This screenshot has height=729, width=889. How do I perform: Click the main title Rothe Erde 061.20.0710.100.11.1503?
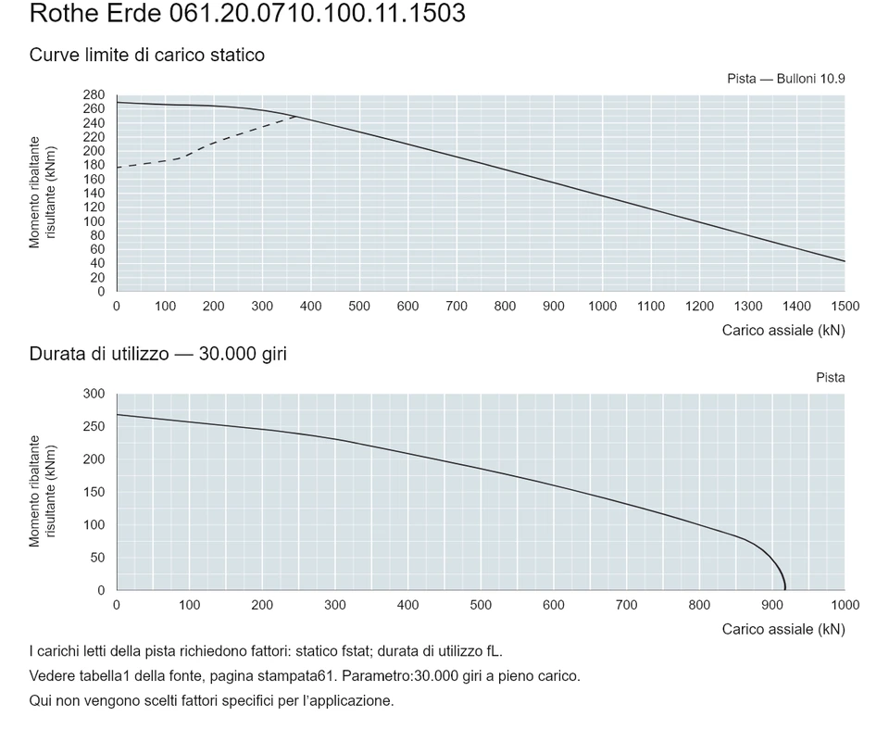click(x=247, y=12)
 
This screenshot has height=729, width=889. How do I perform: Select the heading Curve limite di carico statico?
click(x=147, y=55)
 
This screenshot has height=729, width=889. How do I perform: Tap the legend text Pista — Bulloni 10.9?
click(x=786, y=79)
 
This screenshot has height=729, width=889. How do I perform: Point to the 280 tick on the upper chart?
click(x=94, y=94)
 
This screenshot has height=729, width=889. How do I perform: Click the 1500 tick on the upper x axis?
click(x=845, y=307)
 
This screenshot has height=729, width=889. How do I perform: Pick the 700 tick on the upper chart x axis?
click(x=457, y=307)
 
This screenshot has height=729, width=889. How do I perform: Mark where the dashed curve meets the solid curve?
click(x=296, y=117)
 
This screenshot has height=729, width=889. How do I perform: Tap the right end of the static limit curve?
click(x=845, y=261)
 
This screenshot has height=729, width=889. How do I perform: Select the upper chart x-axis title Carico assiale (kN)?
click(x=783, y=331)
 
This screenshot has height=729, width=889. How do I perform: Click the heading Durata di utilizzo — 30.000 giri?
click(x=158, y=354)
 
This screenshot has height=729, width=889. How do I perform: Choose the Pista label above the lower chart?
click(x=831, y=378)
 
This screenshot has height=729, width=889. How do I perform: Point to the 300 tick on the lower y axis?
click(x=94, y=394)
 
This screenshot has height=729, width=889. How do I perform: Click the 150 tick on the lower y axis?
click(x=94, y=492)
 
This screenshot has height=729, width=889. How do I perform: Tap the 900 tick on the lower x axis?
click(x=772, y=605)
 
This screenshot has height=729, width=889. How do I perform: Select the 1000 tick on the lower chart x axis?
click(x=845, y=605)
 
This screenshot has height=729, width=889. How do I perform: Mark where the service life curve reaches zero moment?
click(x=785, y=590)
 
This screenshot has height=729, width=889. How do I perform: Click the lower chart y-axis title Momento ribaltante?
click(x=34, y=491)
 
